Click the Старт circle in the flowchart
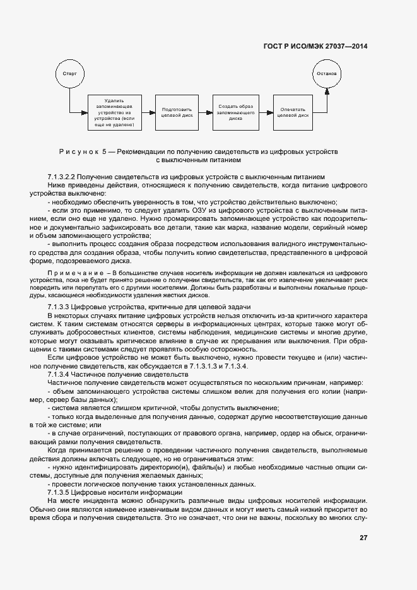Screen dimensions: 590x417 [69, 74]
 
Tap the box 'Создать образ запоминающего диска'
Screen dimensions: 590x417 [236, 112]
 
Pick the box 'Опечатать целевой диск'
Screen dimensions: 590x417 [293, 112]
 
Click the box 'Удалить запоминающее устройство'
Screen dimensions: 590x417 [115, 112]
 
